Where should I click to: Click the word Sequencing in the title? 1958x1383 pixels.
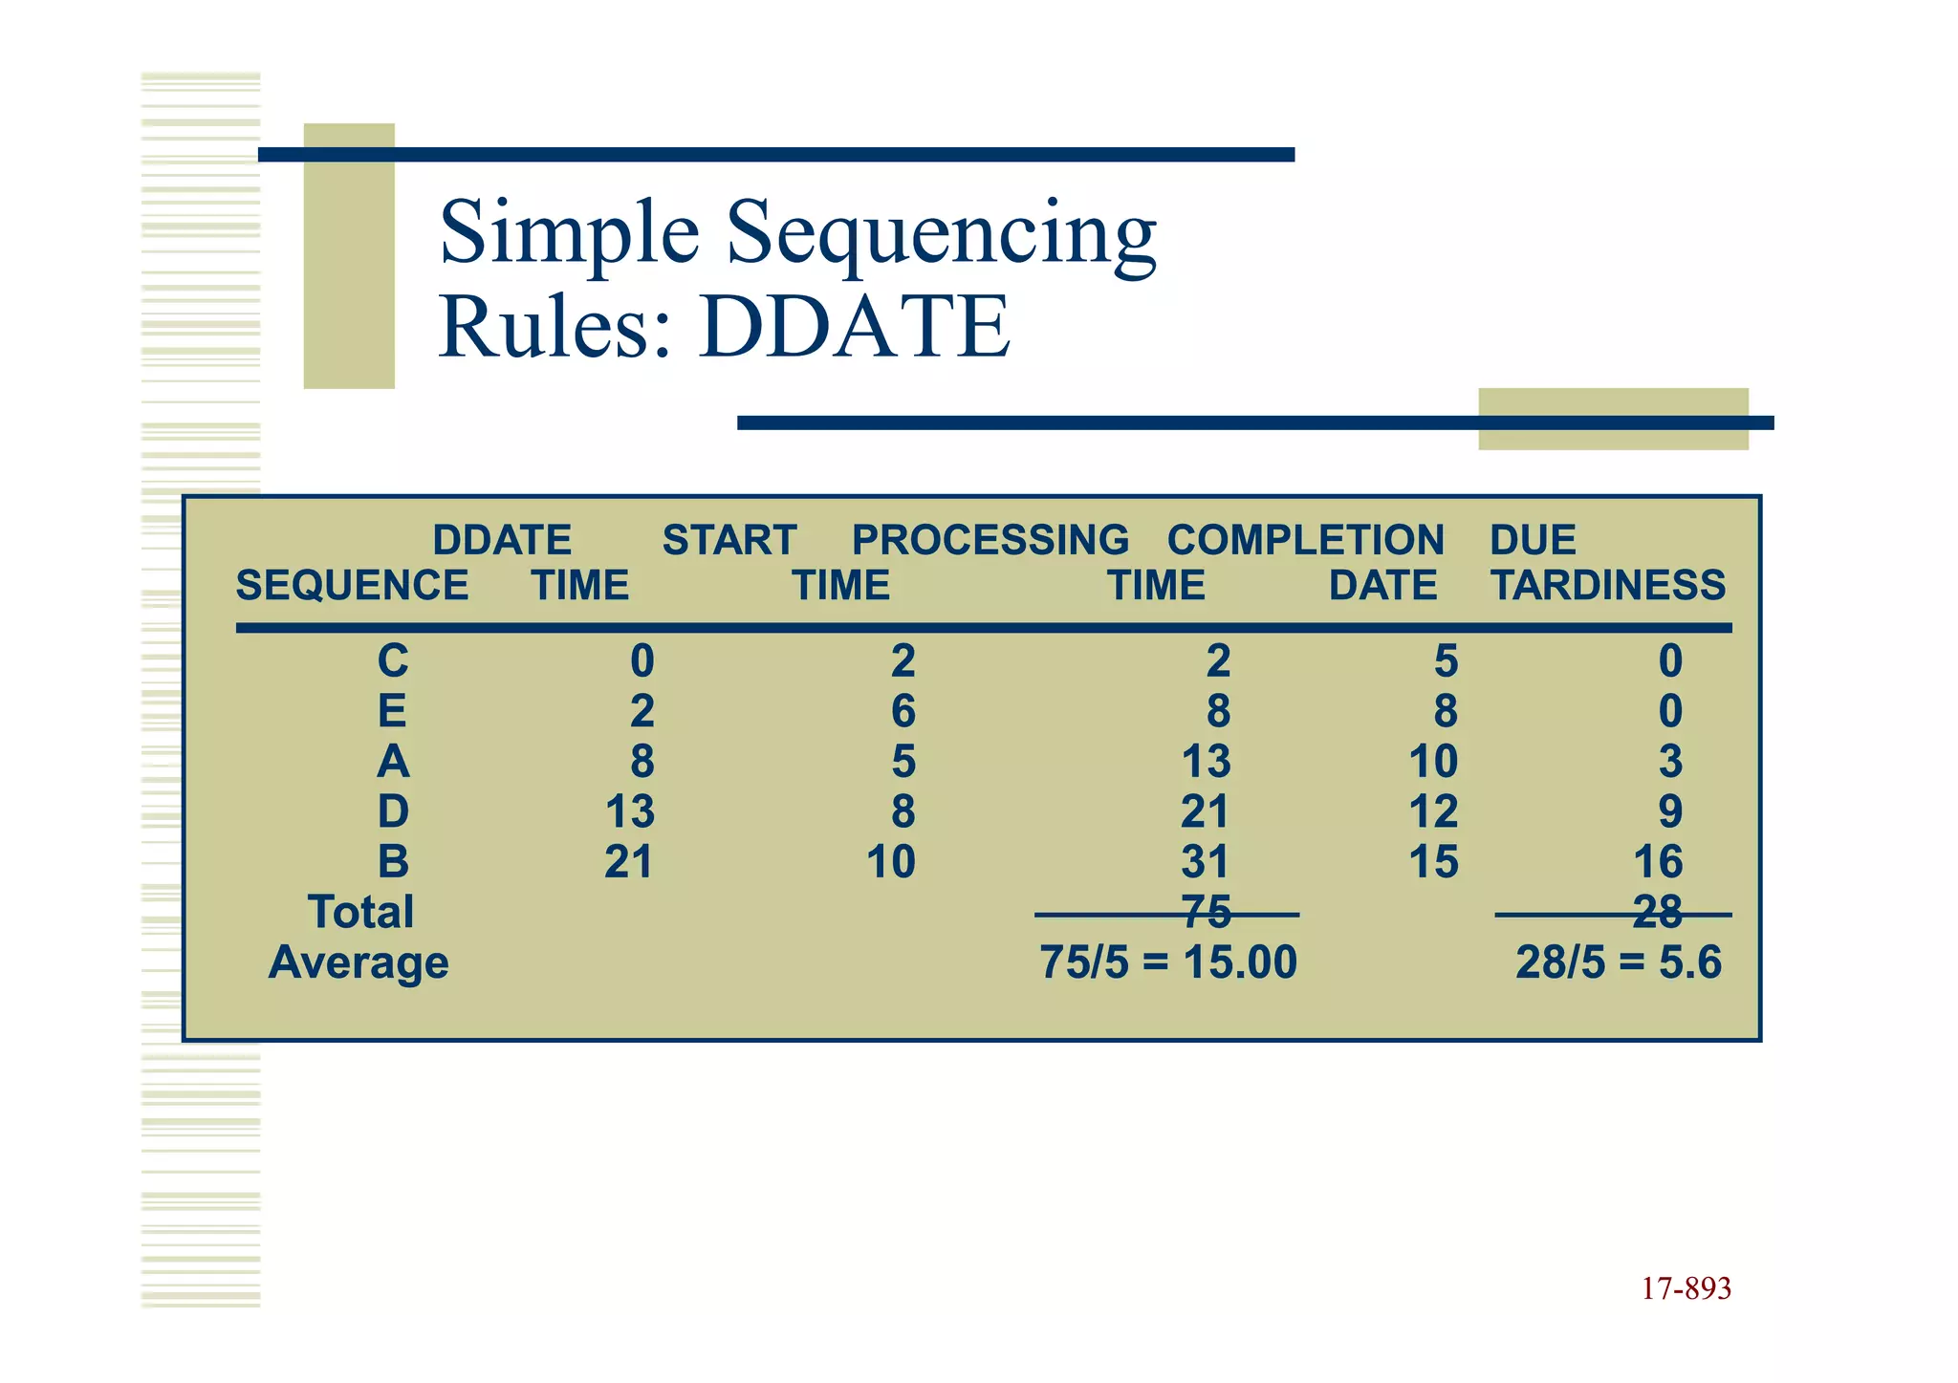click(x=941, y=234)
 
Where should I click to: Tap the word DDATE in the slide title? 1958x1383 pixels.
click(x=854, y=327)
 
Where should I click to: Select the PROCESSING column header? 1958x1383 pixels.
click(x=990, y=540)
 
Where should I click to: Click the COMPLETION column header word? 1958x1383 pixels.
click(x=1305, y=540)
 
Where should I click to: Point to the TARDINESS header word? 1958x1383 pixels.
click(x=1608, y=585)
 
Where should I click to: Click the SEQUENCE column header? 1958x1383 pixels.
click(x=352, y=585)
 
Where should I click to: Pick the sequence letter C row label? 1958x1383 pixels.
click(x=393, y=660)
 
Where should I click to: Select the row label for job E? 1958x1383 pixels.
click(x=392, y=711)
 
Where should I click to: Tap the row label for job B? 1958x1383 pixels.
click(x=393, y=861)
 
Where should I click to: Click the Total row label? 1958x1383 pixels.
click(x=360, y=912)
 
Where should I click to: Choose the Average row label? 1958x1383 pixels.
click(x=359, y=962)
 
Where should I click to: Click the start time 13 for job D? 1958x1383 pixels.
click(x=629, y=811)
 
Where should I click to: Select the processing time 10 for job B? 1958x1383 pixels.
click(x=890, y=861)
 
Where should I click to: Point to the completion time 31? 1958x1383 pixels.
click(x=1205, y=861)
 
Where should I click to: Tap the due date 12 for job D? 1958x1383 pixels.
click(x=1433, y=811)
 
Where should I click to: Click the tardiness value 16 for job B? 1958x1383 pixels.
click(x=1657, y=861)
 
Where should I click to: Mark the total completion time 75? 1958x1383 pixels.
click(x=1206, y=912)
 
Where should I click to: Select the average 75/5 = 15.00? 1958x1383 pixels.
click(x=1167, y=962)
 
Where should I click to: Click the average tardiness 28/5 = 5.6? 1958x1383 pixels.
click(x=1618, y=962)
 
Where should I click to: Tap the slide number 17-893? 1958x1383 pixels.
click(x=1686, y=1288)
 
